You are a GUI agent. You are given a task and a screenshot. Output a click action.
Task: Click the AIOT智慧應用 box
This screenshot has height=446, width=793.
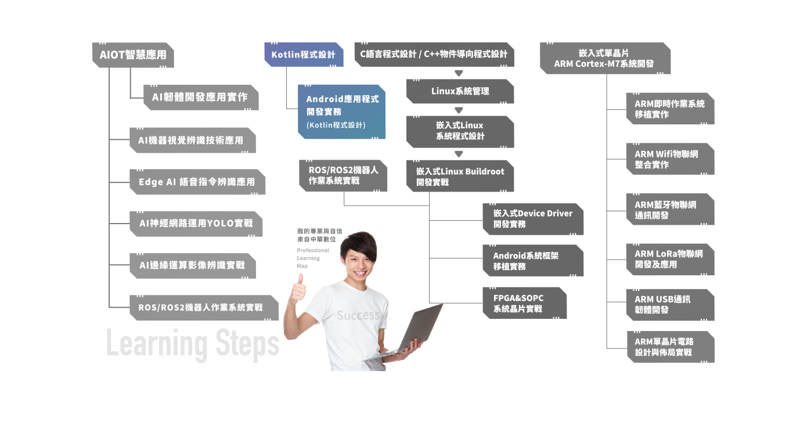pos(133,55)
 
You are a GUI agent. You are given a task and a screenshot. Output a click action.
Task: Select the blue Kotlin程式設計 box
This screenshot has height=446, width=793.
pos(304,55)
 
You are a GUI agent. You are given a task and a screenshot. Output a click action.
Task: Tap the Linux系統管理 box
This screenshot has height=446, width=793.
pos(460,91)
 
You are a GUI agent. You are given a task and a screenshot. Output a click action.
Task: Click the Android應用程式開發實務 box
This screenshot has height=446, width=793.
pos(341,111)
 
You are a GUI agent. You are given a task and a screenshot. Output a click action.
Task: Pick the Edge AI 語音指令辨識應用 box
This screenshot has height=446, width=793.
pos(197,182)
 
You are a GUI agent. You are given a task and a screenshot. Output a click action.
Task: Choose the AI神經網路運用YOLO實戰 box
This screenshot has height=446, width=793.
pos(196,224)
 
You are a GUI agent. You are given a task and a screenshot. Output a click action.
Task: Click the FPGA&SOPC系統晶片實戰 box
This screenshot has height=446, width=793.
pos(525,303)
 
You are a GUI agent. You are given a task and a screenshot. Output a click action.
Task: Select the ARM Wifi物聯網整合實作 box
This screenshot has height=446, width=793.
pos(670,159)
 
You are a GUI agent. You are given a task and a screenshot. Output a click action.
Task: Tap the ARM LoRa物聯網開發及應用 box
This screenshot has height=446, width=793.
pos(670,260)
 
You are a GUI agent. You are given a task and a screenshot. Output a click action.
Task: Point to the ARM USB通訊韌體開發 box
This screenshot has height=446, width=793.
pos(670,305)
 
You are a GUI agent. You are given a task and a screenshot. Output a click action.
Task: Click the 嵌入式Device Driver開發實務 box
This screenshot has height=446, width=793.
pos(533,219)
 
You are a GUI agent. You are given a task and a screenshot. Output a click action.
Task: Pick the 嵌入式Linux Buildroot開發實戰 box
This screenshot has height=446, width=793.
pos(460,176)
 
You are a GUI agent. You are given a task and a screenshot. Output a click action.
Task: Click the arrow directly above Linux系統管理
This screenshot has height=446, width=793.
pos(459,73)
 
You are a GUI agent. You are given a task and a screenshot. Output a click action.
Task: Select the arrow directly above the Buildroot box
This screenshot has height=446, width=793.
pos(459,154)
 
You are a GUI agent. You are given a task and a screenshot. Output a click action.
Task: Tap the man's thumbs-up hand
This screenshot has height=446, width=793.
pos(298,289)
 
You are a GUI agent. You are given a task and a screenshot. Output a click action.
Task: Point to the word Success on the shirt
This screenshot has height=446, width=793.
pos(358,315)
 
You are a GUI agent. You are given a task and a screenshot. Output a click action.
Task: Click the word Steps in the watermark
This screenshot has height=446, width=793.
pos(247,344)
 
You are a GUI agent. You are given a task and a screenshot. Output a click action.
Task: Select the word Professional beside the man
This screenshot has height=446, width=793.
pos(313,250)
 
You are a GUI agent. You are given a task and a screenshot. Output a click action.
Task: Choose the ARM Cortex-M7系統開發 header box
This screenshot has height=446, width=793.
pos(605,59)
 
